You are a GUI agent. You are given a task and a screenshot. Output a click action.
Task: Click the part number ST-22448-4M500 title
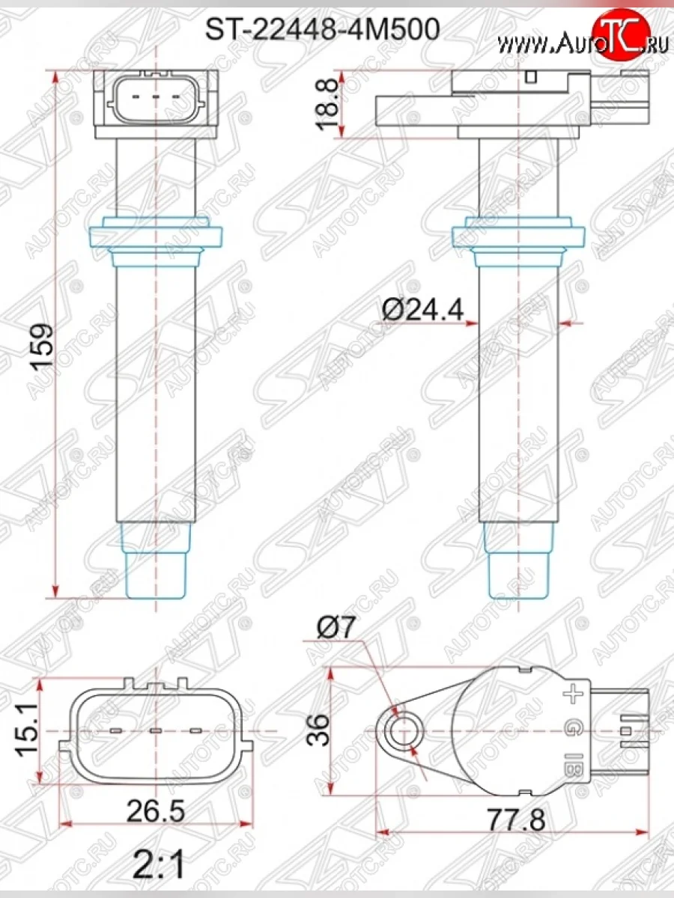coord(322,29)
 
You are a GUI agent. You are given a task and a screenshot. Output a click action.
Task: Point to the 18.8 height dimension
coord(328,105)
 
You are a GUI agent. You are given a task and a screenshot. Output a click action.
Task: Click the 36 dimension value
coord(318,730)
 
